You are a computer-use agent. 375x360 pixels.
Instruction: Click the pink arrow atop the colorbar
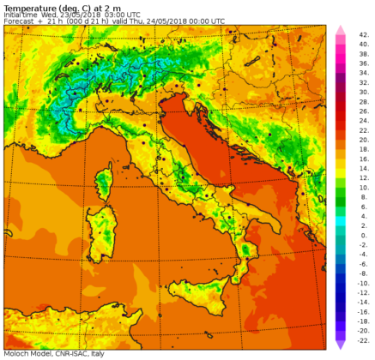pos(340,30)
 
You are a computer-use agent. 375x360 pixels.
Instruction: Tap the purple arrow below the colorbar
pos(340,345)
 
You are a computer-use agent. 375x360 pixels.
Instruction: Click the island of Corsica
pos(104,183)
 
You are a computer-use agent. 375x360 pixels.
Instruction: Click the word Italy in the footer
pos(98,353)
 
